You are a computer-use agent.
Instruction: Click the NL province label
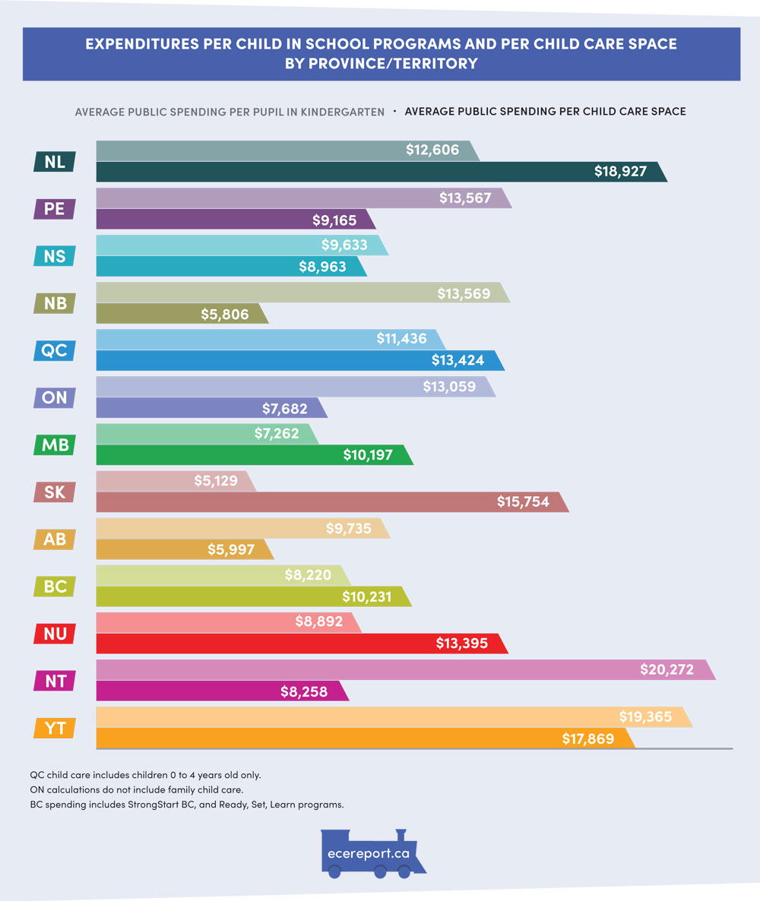[x=55, y=161]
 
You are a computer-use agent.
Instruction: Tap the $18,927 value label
[x=620, y=172]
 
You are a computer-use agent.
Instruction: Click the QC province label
[x=55, y=350]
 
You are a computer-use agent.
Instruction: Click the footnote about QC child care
[x=145, y=776]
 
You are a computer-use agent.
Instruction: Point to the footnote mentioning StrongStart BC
[x=187, y=804]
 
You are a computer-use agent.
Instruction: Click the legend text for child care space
[x=545, y=112]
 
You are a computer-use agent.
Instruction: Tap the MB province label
[x=55, y=444]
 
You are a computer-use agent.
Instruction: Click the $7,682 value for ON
[x=285, y=409]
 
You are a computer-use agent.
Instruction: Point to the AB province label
[x=55, y=539]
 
